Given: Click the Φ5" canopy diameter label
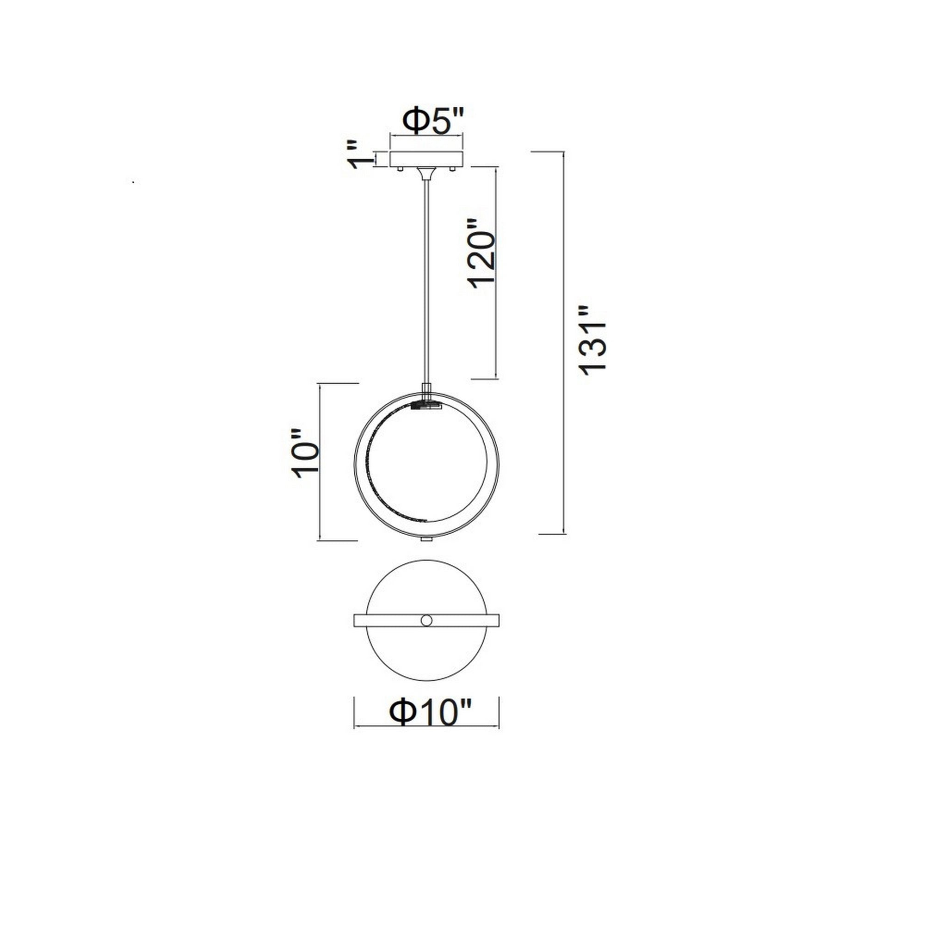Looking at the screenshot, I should click(433, 121).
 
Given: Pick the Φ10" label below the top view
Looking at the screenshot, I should click(431, 724).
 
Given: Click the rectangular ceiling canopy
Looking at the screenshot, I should click(426, 160).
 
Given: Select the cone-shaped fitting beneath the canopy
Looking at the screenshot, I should click(426, 173).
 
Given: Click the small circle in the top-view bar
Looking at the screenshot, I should click(426, 621).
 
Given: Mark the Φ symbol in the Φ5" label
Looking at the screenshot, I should click(412, 122).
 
